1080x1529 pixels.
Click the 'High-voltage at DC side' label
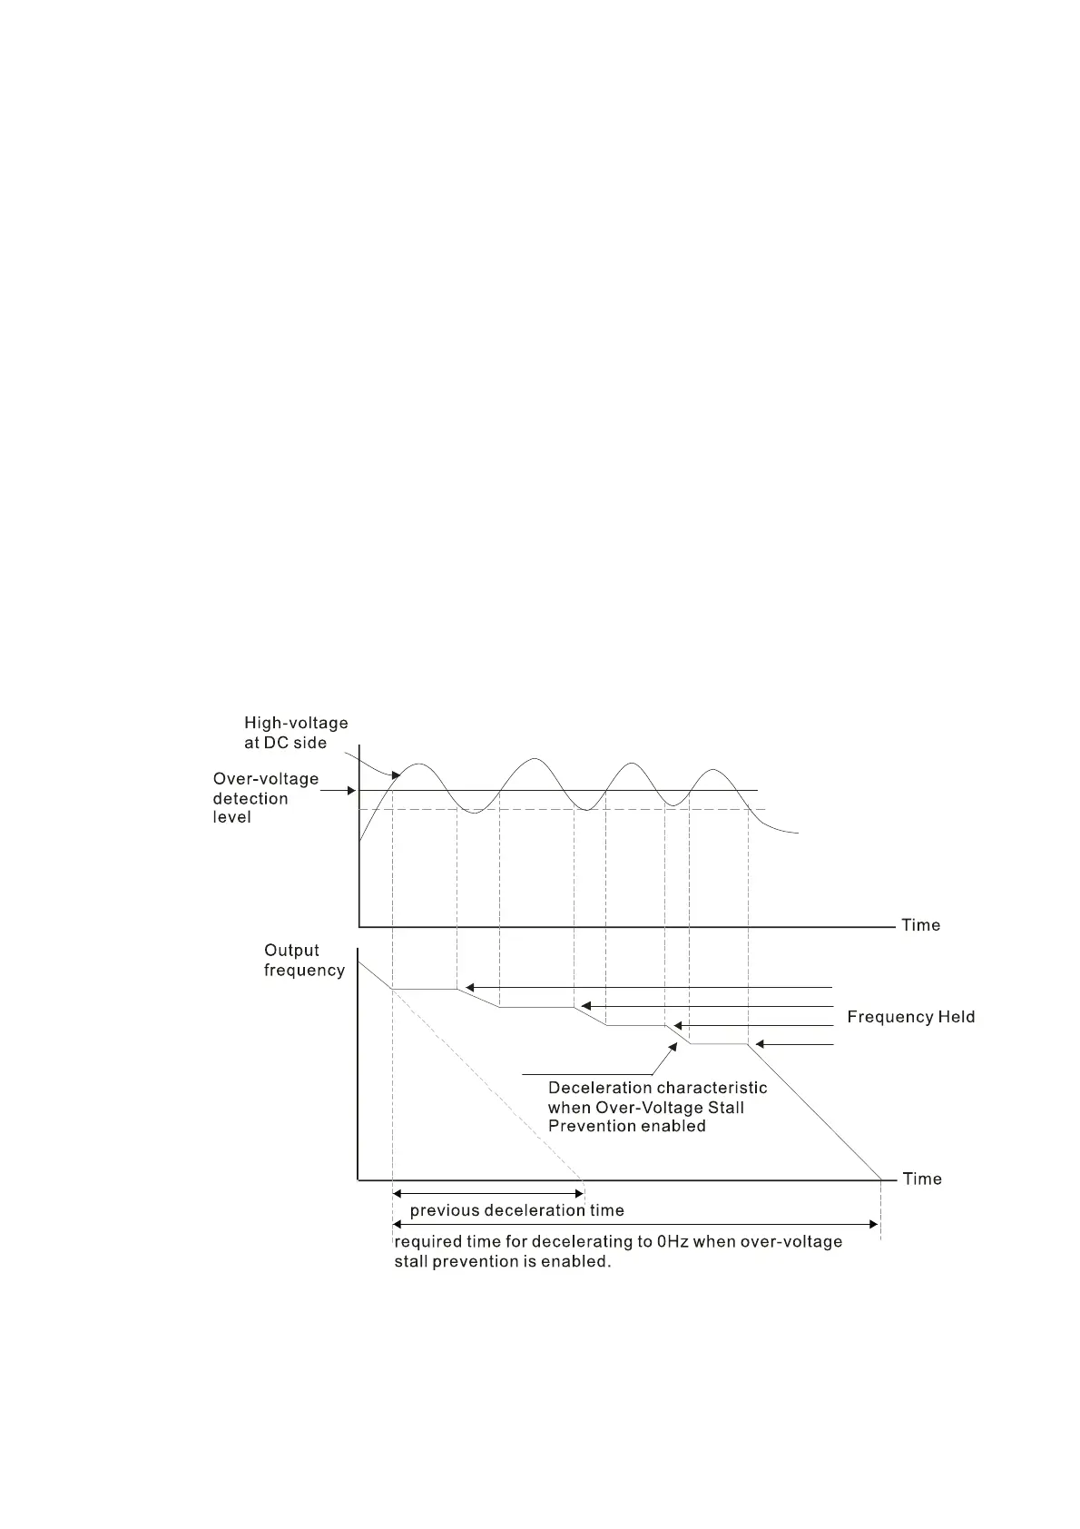point(296,733)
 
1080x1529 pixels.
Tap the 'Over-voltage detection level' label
point(265,798)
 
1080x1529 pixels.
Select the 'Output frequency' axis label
point(304,960)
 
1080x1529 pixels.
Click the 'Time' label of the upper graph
point(920,925)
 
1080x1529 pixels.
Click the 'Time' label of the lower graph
point(922,1179)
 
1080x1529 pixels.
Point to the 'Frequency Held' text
point(910,1017)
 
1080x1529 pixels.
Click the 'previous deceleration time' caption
point(516,1210)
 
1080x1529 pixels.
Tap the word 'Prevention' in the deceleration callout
point(592,1126)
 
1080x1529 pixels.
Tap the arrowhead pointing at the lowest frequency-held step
point(761,1045)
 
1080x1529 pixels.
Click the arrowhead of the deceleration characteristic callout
point(673,1047)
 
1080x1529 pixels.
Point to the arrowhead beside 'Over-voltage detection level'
point(352,791)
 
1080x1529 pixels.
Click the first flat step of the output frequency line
point(424,989)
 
